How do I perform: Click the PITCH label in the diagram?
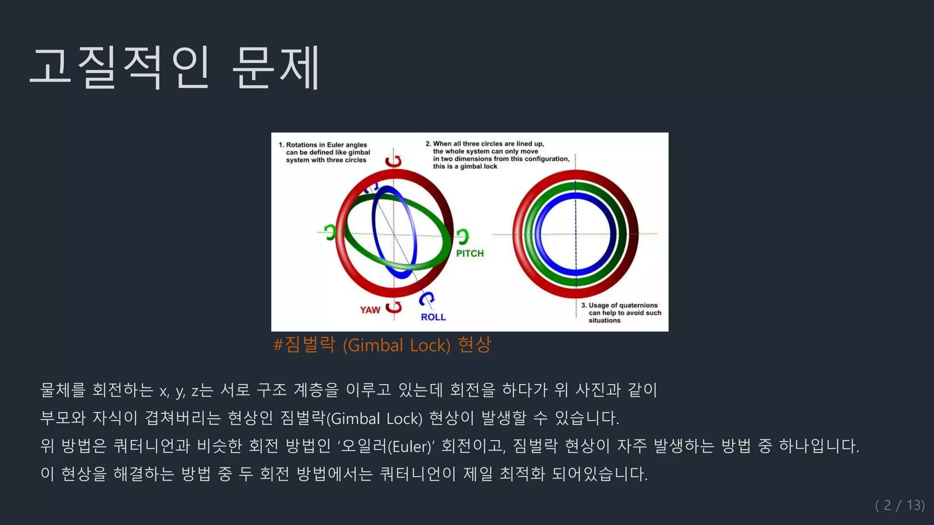coord(470,253)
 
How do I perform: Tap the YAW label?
coord(370,310)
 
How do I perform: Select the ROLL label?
coord(433,317)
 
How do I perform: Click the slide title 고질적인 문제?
coord(176,67)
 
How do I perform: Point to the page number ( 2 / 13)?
coord(899,505)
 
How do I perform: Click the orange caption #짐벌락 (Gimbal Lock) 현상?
coord(382,345)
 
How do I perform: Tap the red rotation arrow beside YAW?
coord(394,308)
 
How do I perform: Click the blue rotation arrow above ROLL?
coord(426,299)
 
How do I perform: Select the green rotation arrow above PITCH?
coord(462,236)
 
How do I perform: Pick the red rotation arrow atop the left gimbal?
coord(393,161)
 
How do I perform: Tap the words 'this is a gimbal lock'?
coord(465,166)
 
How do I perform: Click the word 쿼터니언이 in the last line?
coord(417,474)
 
